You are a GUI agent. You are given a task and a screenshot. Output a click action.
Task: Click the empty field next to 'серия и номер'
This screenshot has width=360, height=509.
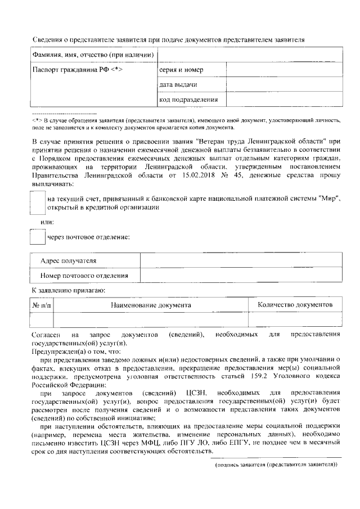(284, 70)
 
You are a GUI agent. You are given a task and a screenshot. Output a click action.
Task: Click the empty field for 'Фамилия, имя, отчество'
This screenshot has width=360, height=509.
(250, 55)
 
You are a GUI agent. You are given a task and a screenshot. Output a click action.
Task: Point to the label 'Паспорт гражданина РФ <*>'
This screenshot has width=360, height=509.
(77, 70)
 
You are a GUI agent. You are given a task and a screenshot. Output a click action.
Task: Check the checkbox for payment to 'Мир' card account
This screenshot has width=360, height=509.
(37, 202)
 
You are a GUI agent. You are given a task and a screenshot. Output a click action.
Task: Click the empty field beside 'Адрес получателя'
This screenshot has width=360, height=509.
(241, 261)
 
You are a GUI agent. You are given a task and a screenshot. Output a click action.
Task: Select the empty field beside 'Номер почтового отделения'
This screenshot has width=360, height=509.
(241, 276)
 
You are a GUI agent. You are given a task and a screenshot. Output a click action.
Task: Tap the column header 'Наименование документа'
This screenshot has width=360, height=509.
(150, 305)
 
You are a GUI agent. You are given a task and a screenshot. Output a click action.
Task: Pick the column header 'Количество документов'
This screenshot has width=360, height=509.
(295, 305)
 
